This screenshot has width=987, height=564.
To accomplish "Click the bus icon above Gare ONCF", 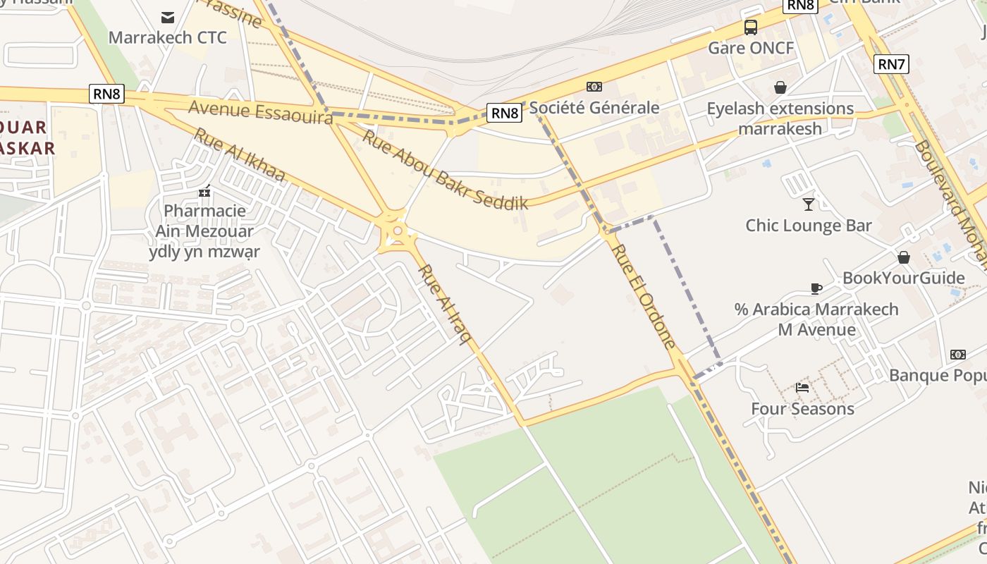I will click(x=751, y=27).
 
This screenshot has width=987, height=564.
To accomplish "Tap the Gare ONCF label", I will click(x=751, y=48).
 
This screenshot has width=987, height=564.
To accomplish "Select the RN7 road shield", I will click(x=891, y=64).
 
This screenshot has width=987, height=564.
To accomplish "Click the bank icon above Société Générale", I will click(x=594, y=87).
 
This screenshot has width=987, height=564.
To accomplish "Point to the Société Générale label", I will click(x=594, y=108).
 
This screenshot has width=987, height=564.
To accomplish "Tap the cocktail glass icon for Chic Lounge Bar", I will click(x=809, y=204).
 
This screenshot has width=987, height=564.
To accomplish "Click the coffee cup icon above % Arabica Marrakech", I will click(x=816, y=288).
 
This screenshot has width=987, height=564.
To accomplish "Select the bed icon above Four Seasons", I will click(x=802, y=387).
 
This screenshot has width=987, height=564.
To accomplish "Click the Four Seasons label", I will click(x=802, y=409).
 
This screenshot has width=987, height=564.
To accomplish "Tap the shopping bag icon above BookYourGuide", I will click(x=904, y=257).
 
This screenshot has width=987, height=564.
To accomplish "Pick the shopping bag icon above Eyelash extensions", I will click(x=780, y=87).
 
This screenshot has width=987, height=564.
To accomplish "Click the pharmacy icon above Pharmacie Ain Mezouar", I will click(x=205, y=190).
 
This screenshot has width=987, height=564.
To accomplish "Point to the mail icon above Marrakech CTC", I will click(x=168, y=17).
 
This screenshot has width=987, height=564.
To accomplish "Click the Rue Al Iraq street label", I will click(x=445, y=305).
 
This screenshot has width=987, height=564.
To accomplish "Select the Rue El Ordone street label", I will click(x=644, y=296).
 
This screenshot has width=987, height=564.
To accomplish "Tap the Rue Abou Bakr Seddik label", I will click(x=445, y=170).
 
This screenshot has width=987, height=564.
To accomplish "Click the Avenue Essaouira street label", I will click(x=261, y=113).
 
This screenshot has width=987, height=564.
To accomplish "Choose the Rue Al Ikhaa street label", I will click(x=239, y=155).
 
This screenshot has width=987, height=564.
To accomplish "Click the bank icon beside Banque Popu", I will click(x=958, y=354).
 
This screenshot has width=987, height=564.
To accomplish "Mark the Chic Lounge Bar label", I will click(x=809, y=226).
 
